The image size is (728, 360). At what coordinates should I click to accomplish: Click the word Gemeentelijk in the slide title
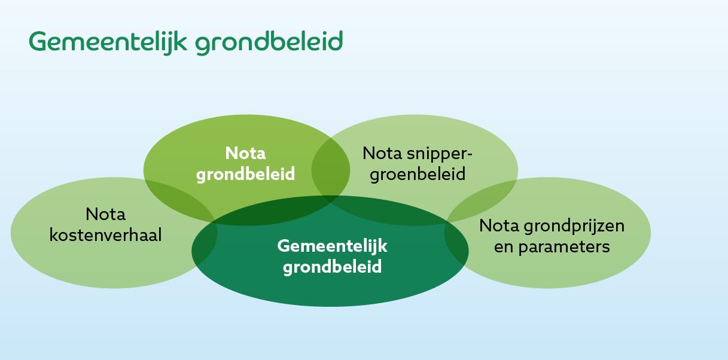pyautogui.click(x=108, y=42)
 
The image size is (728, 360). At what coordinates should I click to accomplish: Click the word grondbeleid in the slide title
pyautogui.click(x=269, y=42)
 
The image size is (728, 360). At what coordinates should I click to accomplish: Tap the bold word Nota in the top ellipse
pyautogui.click(x=245, y=153)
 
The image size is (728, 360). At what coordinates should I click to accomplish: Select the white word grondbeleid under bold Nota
pyautogui.click(x=245, y=174)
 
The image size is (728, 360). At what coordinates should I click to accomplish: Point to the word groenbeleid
pyautogui.click(x=418, y=175)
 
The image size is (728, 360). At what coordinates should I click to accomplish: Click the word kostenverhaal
pyautogui.click(x=105, y=235)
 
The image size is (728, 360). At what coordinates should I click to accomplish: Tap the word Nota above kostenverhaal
pyautogui.click(x=105, y=214)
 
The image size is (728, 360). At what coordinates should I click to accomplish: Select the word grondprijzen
pyautogui.click(x=574, y=225)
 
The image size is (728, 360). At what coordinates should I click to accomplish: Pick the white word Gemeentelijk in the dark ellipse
pyautogui.click(x=333, y=246)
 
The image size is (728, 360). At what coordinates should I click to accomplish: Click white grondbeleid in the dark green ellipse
pyautogui.click(x=333, y=267)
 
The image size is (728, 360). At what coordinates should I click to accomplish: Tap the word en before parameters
pyautogui.click(x=504, y=246)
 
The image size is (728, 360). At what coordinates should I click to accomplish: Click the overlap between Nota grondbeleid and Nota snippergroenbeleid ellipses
pyautogui.click(x=331, y=170)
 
